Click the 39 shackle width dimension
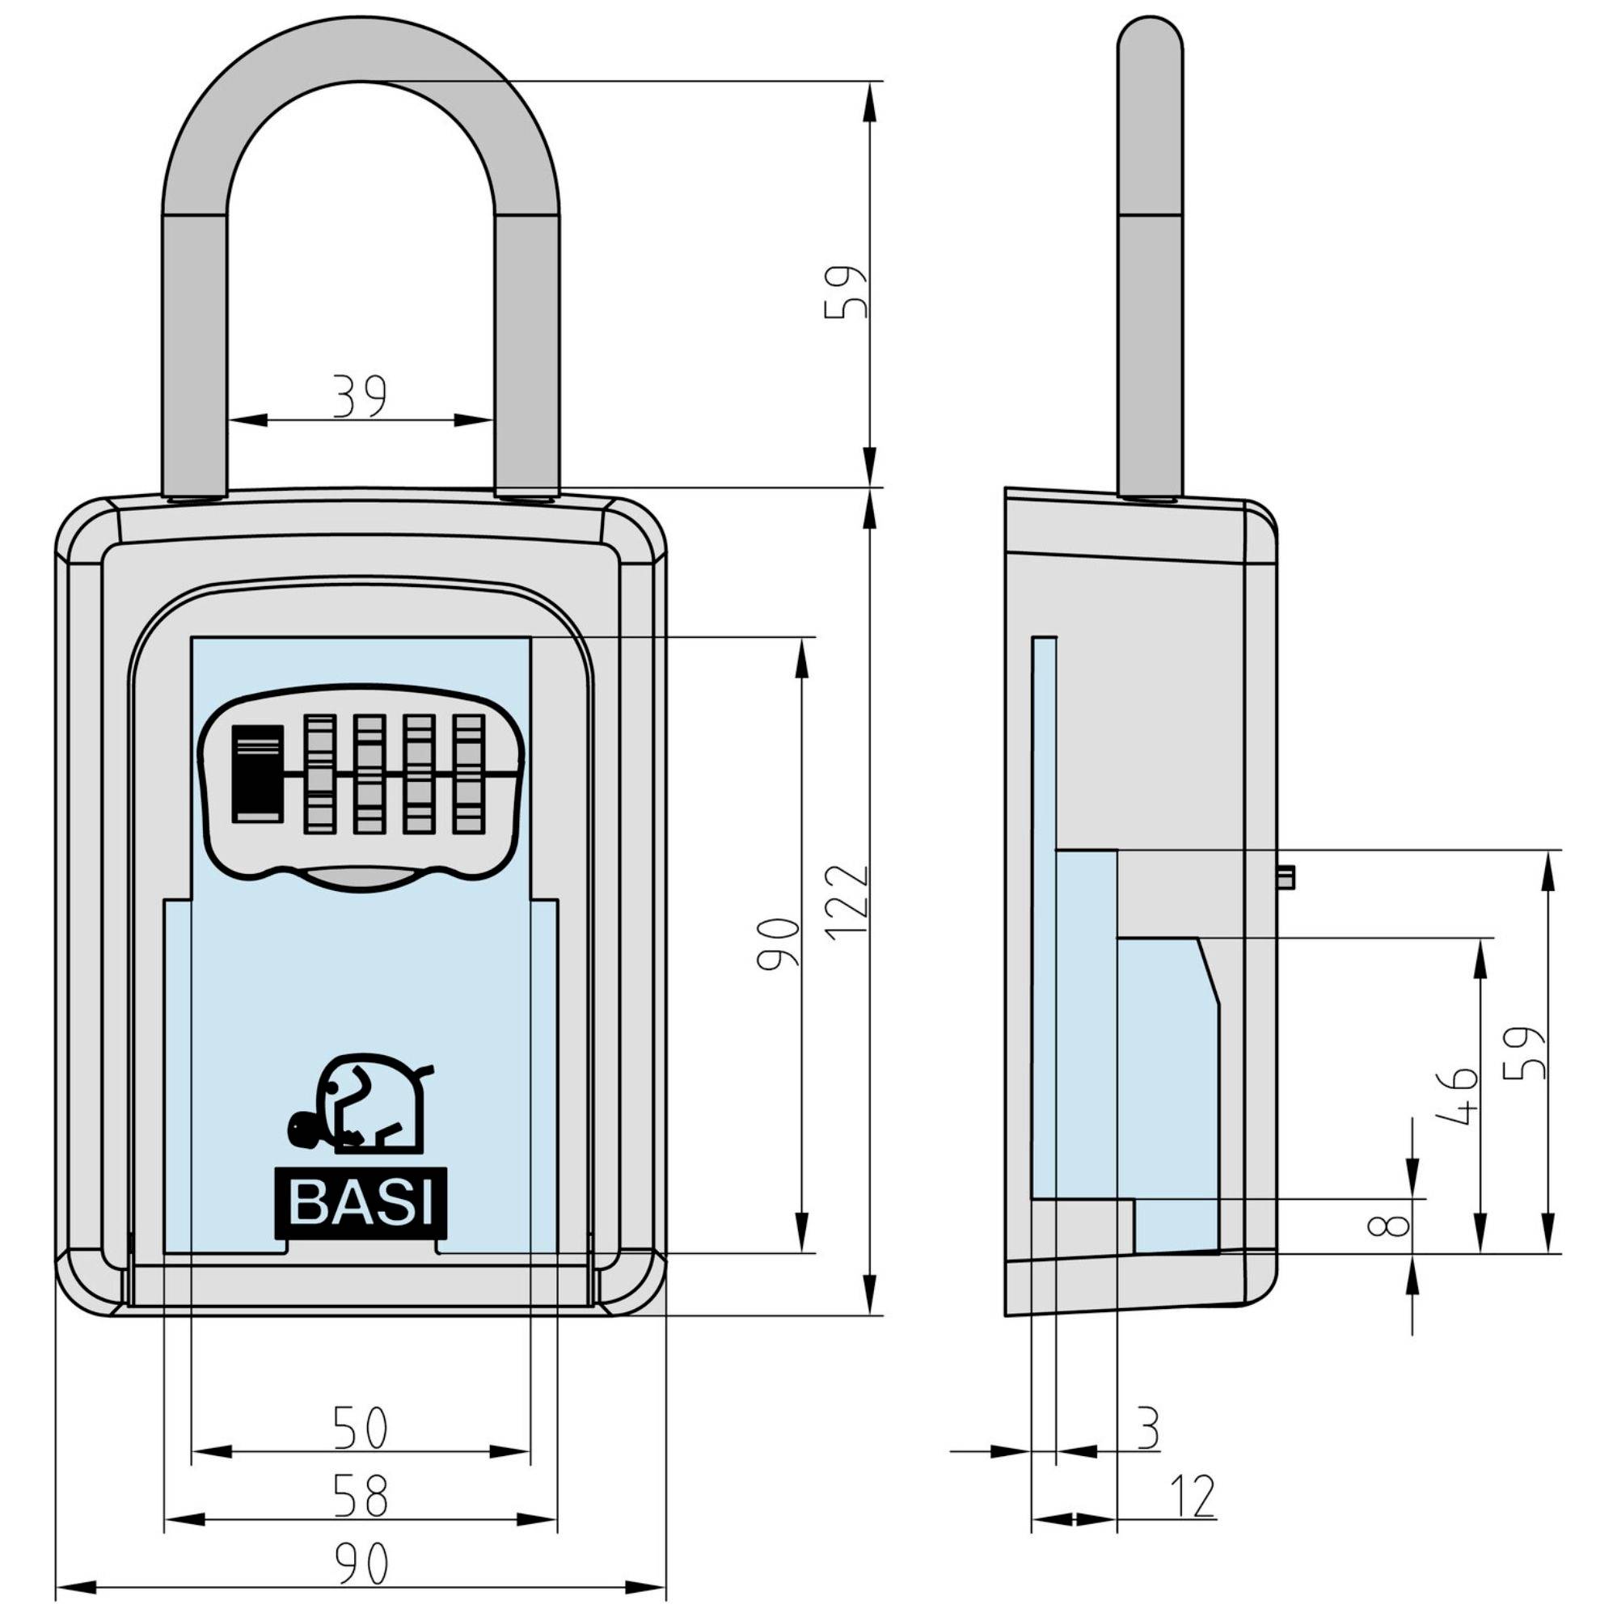[x=360, y=396]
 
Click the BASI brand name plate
[x=361, y=1203]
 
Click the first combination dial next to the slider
[x=318, y=775]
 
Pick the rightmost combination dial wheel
[x=469, y=775]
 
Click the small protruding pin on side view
[x=1286, y=878]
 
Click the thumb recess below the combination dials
[x=361, y=877]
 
